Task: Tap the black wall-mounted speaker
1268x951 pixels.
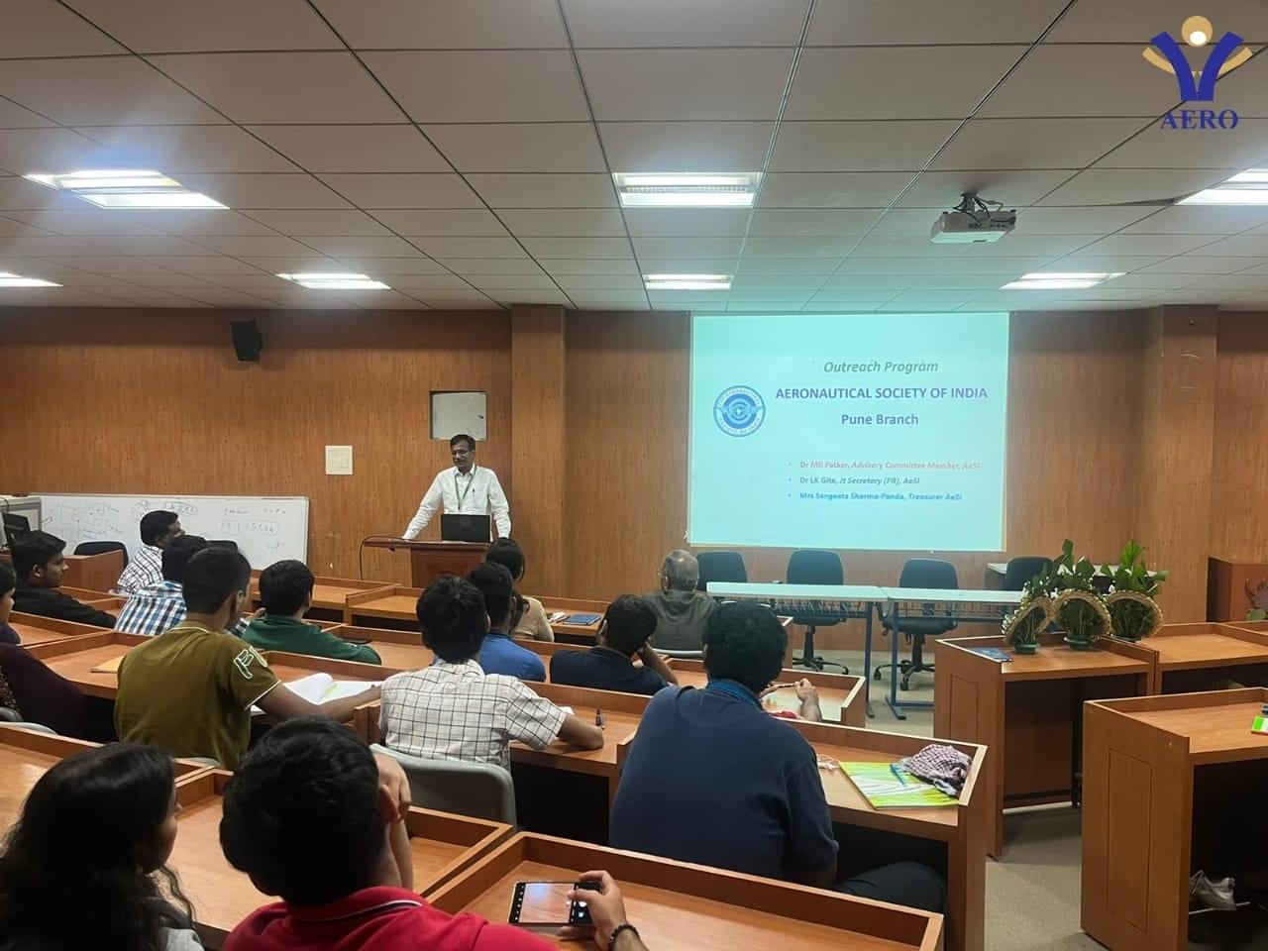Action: click(246, 340)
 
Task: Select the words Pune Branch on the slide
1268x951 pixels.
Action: click(879, 419)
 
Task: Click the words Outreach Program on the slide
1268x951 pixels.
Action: click(880, 366)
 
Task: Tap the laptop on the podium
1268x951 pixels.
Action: click(466, 527)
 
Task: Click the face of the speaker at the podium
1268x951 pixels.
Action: click(461, 452)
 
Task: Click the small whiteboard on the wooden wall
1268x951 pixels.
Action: click(458, 416)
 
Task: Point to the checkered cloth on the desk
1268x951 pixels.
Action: click(937, 766)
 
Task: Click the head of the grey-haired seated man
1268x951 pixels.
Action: click(680, 570)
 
